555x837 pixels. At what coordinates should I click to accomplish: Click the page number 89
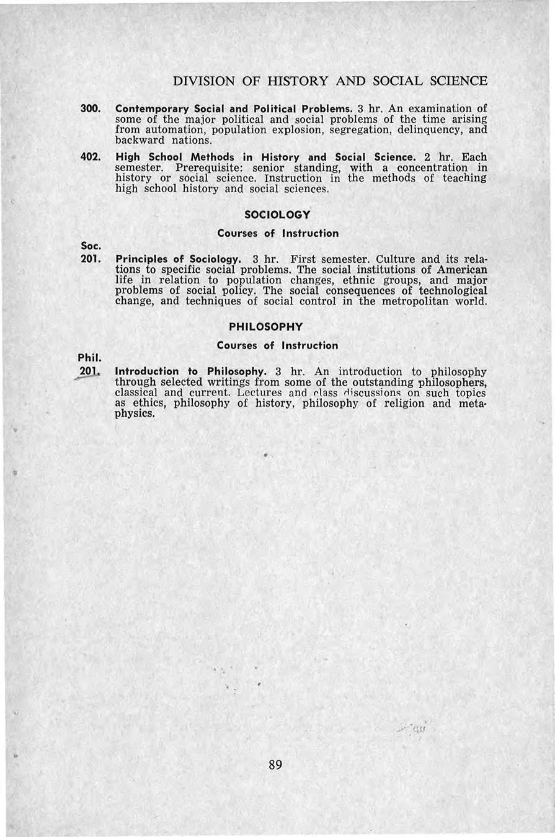[x=276, y=764]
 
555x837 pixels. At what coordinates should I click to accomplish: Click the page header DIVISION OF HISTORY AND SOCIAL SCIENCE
[x=330, y=81]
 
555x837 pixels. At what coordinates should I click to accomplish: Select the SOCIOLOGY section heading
[x=277, y=215]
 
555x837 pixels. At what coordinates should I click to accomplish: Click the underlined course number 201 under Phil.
[x=91, y=371]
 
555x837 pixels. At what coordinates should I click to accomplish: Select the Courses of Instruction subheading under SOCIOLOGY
[x=277, y=234]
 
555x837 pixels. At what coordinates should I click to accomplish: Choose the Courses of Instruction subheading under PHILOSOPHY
[x=277, y=345]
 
